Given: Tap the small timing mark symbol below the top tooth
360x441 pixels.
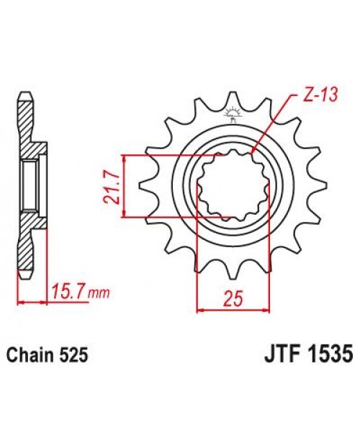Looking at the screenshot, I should pos(232,113).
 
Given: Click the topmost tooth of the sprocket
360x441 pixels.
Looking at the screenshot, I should pos(232,98).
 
